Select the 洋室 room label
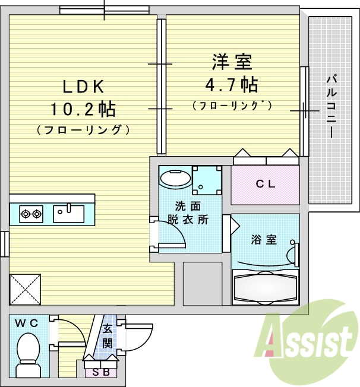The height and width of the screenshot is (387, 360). coord(232,61)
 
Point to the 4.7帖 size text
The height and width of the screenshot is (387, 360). coord(232,84)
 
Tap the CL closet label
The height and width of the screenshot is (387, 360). coord(265,184)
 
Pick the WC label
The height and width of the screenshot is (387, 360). coord(27,323)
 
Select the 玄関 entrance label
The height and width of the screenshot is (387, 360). coord(108,336)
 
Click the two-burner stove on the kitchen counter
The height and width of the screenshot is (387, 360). coord(31,213)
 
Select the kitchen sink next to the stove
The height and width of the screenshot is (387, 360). coord(70,212)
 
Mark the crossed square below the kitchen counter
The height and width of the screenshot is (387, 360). coord(24,290)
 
